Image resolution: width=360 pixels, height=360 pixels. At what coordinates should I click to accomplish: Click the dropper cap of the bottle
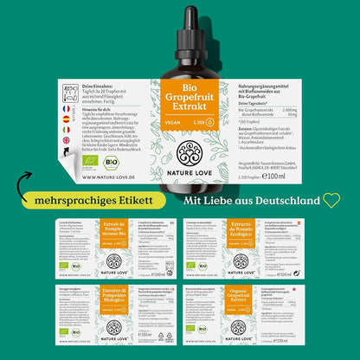(179, 26)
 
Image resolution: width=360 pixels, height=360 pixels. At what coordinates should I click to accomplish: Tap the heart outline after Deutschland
(331, 200)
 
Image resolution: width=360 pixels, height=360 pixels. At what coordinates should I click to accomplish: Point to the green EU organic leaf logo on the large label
(90, 162)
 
